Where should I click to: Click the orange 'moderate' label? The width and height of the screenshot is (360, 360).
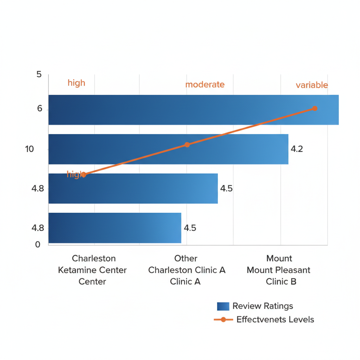tap(205, 84)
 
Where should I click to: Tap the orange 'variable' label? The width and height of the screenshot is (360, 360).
tap(311, 85)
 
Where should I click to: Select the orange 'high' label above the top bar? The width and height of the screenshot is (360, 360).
tap(76, 83)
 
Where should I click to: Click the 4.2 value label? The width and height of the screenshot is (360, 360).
tap(297, 149)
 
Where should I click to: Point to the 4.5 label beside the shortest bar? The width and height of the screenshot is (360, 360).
tap(190, 228)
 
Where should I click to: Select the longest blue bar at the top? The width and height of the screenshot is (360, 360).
tap(193, 110)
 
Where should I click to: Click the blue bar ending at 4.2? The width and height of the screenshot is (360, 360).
tap(168, 149)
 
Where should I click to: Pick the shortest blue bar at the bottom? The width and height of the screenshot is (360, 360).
tap(115, 228)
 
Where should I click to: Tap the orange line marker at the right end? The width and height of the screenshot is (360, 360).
tap(315, 108)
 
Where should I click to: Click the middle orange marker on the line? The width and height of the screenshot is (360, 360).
tap(187, 144)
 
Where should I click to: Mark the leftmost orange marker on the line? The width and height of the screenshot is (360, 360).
tap(84, 174)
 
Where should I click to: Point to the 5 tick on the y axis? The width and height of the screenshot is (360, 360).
tap(39, 75)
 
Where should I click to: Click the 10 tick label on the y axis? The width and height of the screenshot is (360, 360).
tap(30, 149)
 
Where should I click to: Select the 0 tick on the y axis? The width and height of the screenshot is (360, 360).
tap(38, 245)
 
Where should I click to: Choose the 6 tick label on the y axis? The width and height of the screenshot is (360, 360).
tap(39, 109)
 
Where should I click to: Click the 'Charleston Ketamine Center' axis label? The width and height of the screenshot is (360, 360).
tap(92, 270)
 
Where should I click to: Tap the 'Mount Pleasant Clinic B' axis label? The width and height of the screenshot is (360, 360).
tap(279, 270)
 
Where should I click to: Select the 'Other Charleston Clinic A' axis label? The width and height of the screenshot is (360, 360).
tap(186, 270)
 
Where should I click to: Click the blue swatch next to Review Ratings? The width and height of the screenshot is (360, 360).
tap(223, 306)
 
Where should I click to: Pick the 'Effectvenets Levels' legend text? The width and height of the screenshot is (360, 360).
tap(275, 320)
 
